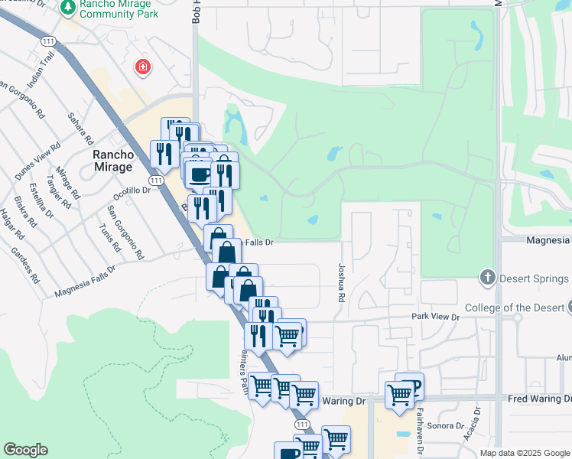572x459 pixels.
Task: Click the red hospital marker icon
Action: click(x=142, y=68)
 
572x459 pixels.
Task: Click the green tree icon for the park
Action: click(x=68, y=8)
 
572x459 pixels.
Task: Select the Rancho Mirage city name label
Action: click(x=113, y=161)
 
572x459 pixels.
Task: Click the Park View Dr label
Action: click(x=434, y=317)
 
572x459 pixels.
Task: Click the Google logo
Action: click(x=25, y=450)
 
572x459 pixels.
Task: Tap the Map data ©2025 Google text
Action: click(x=525, y=453)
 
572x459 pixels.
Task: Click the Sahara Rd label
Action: click(x=80, y=129)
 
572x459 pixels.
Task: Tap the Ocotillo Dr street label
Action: click(x=129, y=190)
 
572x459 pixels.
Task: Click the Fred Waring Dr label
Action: click(x=539, y=399)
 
